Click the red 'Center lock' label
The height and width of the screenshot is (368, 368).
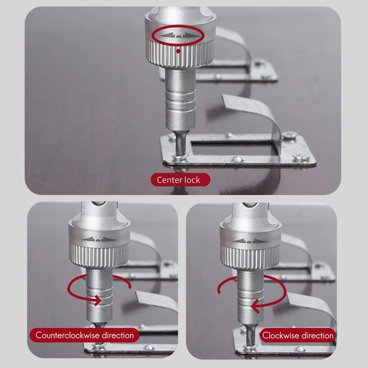(180, 180)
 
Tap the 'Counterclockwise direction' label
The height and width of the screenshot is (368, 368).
(85, 335)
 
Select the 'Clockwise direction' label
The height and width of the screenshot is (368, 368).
(298, 335)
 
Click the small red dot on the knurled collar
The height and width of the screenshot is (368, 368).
(178, 51)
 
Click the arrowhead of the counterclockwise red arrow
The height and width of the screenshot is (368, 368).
(98, 300)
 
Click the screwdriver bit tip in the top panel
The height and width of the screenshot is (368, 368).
(180, 154)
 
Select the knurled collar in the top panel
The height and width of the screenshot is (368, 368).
(179, 53)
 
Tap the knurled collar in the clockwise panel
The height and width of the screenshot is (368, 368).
(250, 256)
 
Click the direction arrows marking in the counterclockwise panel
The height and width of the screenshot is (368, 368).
(99, 239)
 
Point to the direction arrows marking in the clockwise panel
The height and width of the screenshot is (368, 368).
(250, 241)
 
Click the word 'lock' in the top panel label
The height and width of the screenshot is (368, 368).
(192, 180)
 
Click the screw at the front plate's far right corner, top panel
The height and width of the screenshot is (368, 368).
(300, 157)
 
